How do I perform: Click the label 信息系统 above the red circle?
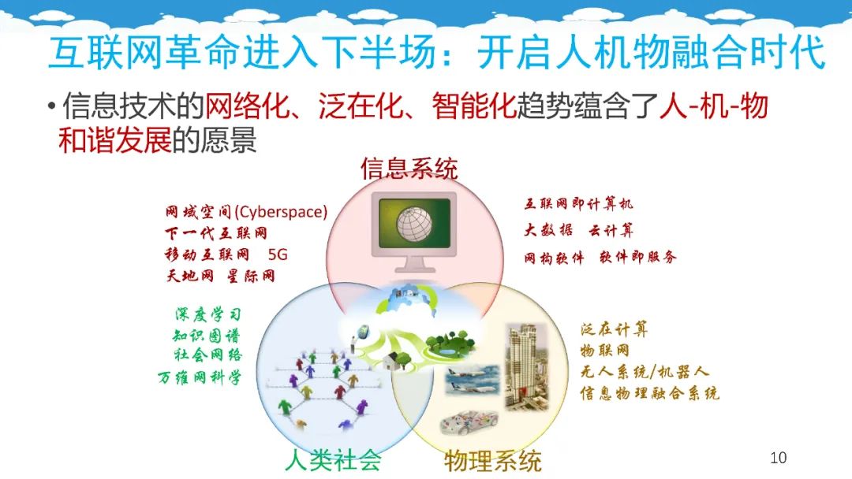point(409,168)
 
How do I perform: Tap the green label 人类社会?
point(333,461)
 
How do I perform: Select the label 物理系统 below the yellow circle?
point(493,461)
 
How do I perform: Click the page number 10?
point(778,457)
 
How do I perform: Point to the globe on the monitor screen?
point(414,224)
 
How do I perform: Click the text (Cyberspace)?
point(281,212)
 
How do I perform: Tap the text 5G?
point(278,254)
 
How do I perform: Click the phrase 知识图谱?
point(207,336)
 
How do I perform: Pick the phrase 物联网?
point(605,350)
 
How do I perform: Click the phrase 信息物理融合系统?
point(649,393)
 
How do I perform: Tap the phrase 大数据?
point(548,230)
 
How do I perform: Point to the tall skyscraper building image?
point(526,366)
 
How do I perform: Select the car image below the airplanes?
point(468,421)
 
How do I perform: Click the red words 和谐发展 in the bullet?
point(114,140)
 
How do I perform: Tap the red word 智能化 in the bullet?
point(474,106)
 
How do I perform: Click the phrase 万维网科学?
point(200,377)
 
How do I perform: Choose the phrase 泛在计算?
point(614,329)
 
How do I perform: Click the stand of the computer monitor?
point(415,264)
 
